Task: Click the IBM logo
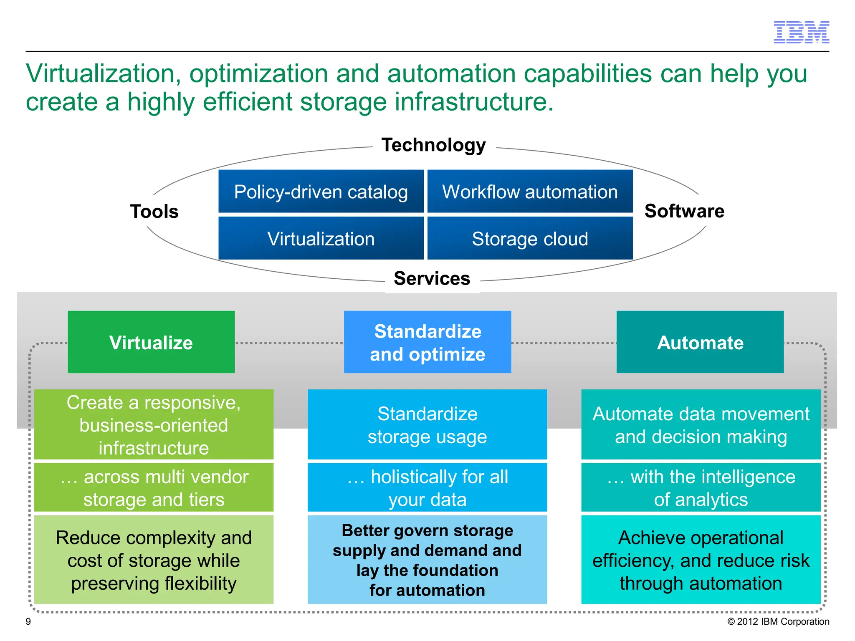pyautogui.click(x=801, y=32)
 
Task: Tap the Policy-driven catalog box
pyautogui.click(x=321, y=192)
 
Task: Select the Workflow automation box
pyautogui.click(x=530, y=192)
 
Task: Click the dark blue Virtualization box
pyautogui.click(x=321, y=238)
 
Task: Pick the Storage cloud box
pyautogui.click(x=530, y=238)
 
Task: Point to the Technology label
pyautogui.click(x=433, y=145)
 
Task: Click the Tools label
pyautogui.click(x=154, y=211)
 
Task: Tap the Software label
pyautogui.click(x=684, y=211)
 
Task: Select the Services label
pyautogui.click(x=432, y=278)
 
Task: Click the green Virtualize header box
pyautogui.click(x=151, y=342)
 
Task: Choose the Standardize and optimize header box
pyautogui.click(x=427, y=342)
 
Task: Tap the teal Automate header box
pyautogui.click(x=700, y=342)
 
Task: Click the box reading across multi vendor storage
pyautogui.click(x=154, y=487)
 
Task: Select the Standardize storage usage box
pyautogui.click(x=427, y=424)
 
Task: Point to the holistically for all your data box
pyautogui.click(x=427, y=487)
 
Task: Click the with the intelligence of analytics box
pyautogui.click(x=701, y=487)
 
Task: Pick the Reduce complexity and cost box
pyautogui.click(x=154, y=560)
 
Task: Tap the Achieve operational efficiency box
pyautogui.click(x=701, y=560)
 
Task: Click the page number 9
pyautogui.click(x=28, y=621)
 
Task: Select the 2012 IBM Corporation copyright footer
pyautogui.click(x=778, y=621)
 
